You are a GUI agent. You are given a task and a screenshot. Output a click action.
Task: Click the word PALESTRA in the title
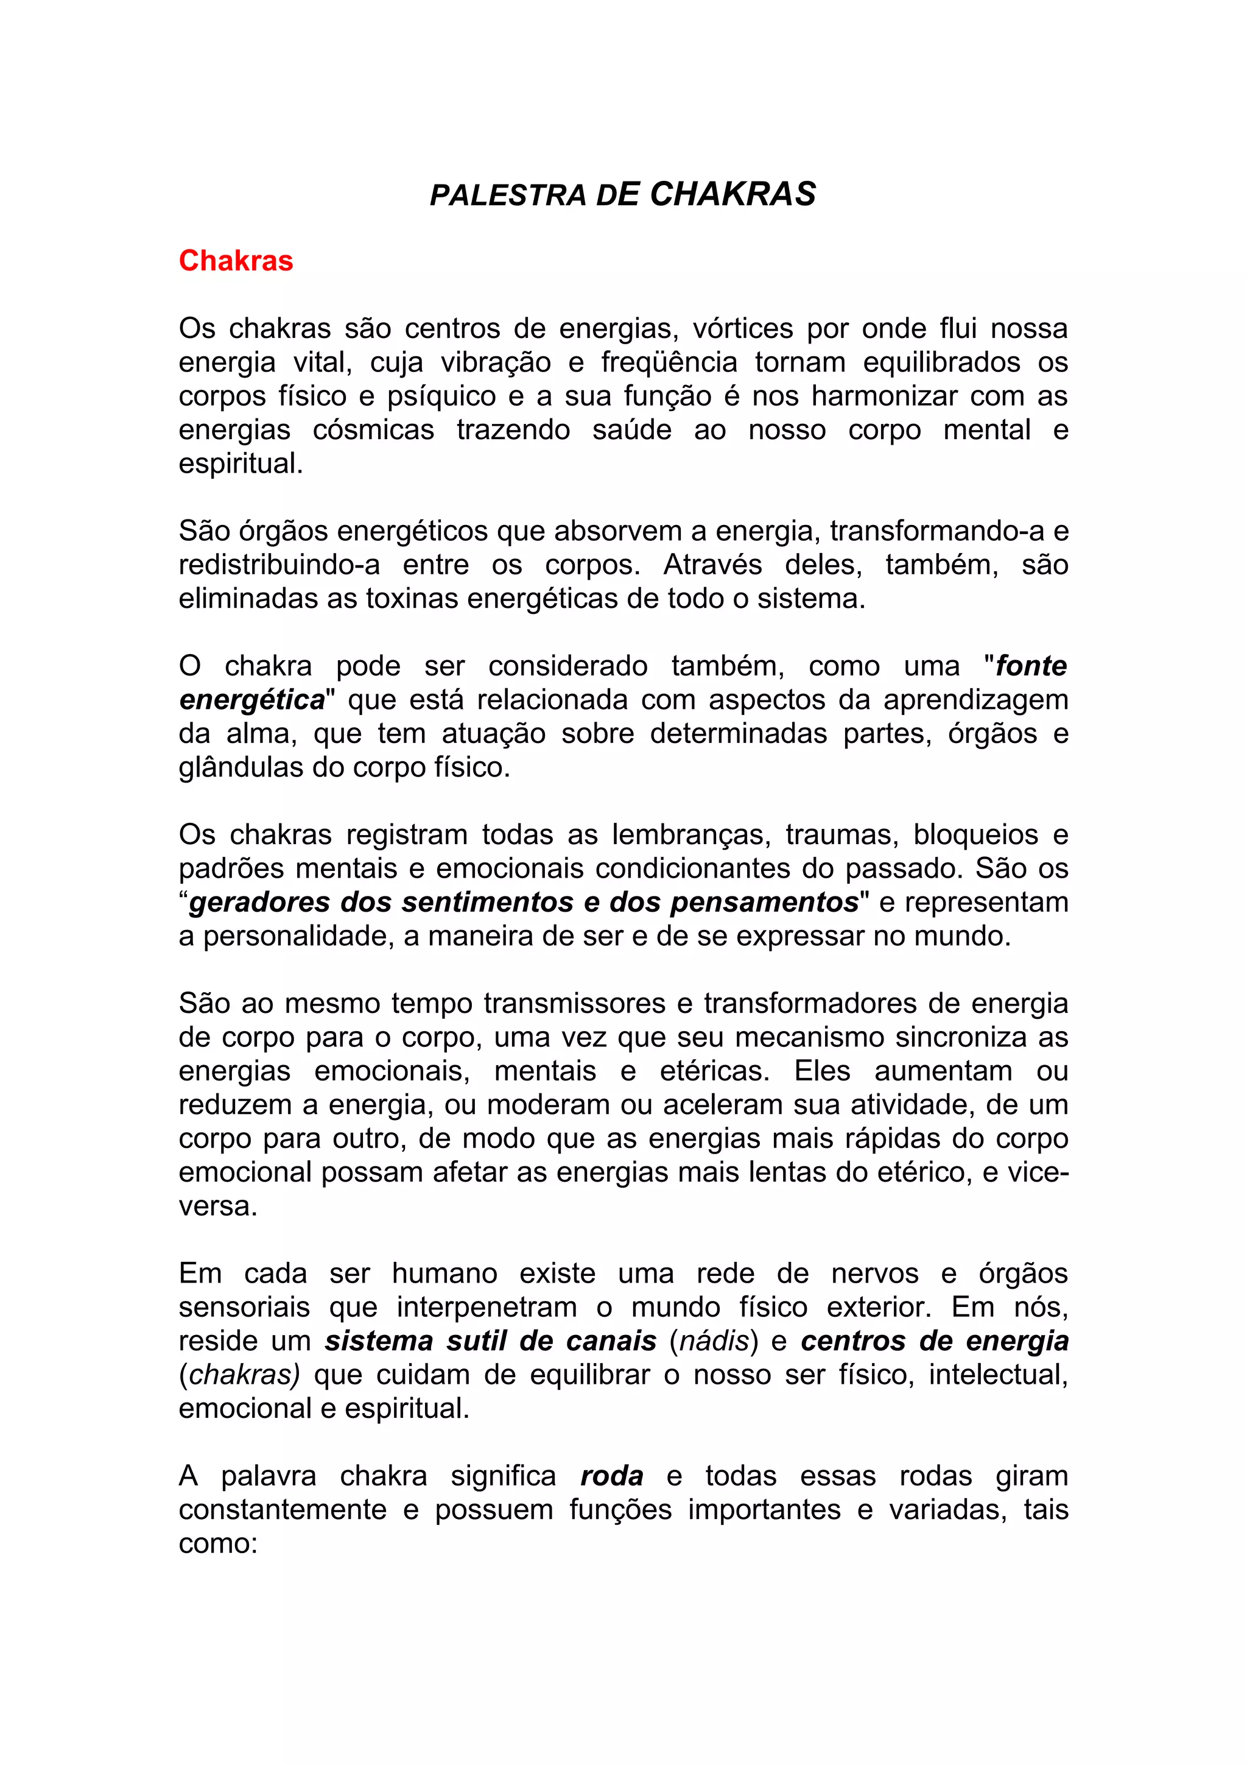pos(508,196)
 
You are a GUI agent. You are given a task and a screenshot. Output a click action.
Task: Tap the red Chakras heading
pos(236,261)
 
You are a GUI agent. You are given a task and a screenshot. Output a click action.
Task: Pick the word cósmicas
pos(373,430)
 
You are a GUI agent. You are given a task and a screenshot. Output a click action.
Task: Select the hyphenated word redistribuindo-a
pos(279,565)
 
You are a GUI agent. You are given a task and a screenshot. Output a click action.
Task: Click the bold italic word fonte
pos(1031,666)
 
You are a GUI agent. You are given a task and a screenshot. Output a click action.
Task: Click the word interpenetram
pos(487,1308)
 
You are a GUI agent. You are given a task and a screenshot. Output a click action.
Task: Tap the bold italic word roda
pos(611,1477)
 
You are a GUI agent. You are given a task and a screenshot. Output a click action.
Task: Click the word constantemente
pos(283,1510)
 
